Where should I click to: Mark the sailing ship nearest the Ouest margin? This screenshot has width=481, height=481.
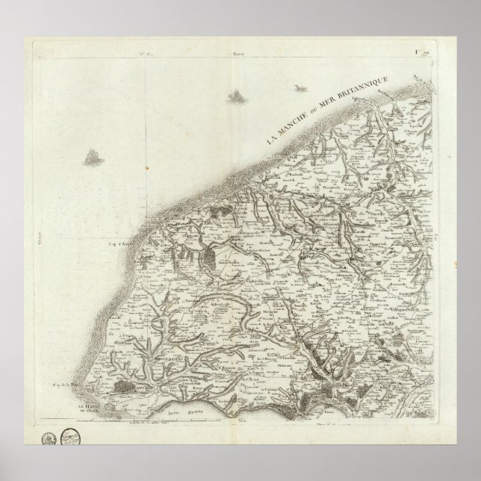click(x=94, y=156)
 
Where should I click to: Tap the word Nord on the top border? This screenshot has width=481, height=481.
click(x=238, y=54)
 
